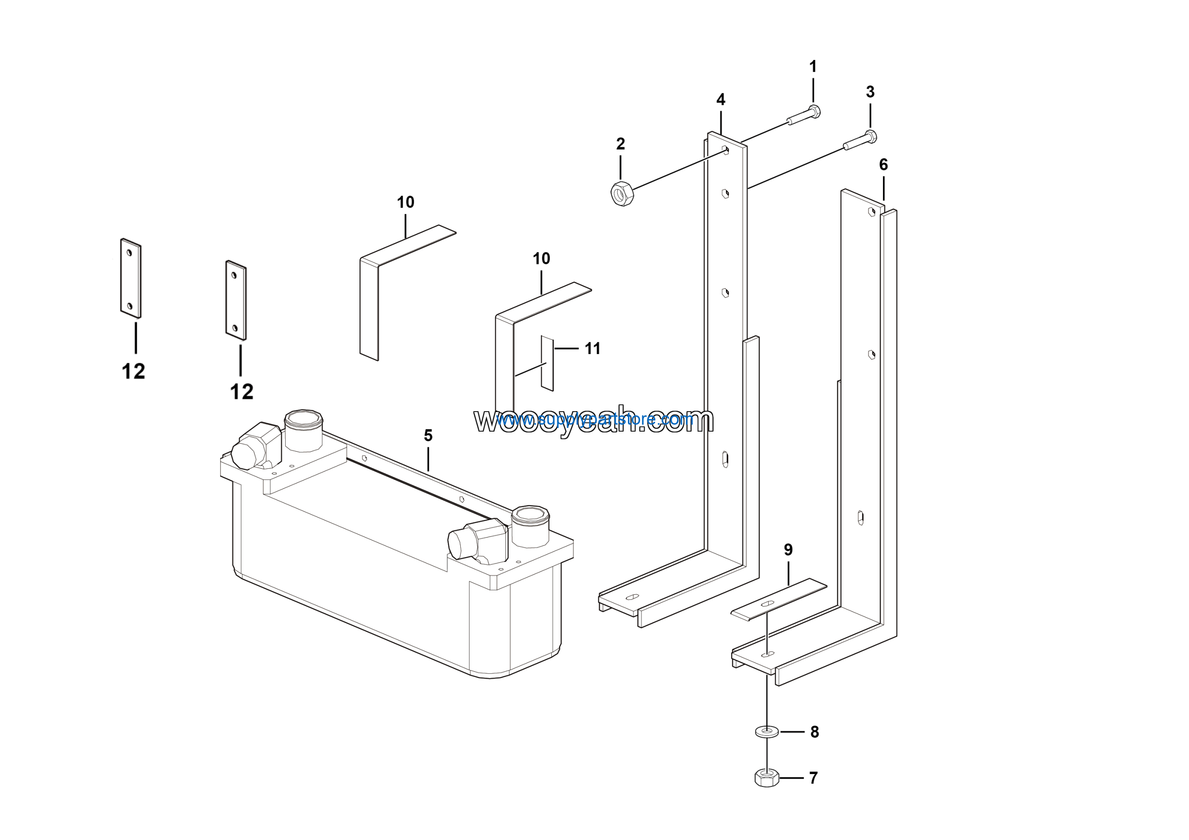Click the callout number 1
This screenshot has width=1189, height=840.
(x=813, y=67)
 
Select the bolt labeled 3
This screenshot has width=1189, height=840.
(x=860, y=141)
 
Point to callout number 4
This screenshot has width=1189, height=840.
(x=721, y=99)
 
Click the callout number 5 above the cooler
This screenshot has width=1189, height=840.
(x=428, y=435)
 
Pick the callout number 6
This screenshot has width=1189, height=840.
(x=883, y=164)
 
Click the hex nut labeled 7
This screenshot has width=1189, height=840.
(x=767, y=778)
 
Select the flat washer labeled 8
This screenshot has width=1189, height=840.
(x=767, y=732)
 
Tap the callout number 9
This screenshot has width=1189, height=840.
(x=788, y=550)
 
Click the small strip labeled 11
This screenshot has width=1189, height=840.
(x=548, y=363)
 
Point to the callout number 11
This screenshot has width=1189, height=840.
(x=593, y=348)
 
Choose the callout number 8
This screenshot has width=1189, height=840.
(x=815, y=732)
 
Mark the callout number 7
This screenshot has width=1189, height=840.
(x=814, y=778)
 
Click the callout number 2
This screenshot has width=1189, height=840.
(x=621, y=144)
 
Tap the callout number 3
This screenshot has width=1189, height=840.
(x=870, y=92)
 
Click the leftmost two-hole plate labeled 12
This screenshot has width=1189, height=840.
(x=131, y=279)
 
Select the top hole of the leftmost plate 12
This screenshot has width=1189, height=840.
(x=130, y=252)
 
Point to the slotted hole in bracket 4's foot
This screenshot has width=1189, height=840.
(x=632, y=597)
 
